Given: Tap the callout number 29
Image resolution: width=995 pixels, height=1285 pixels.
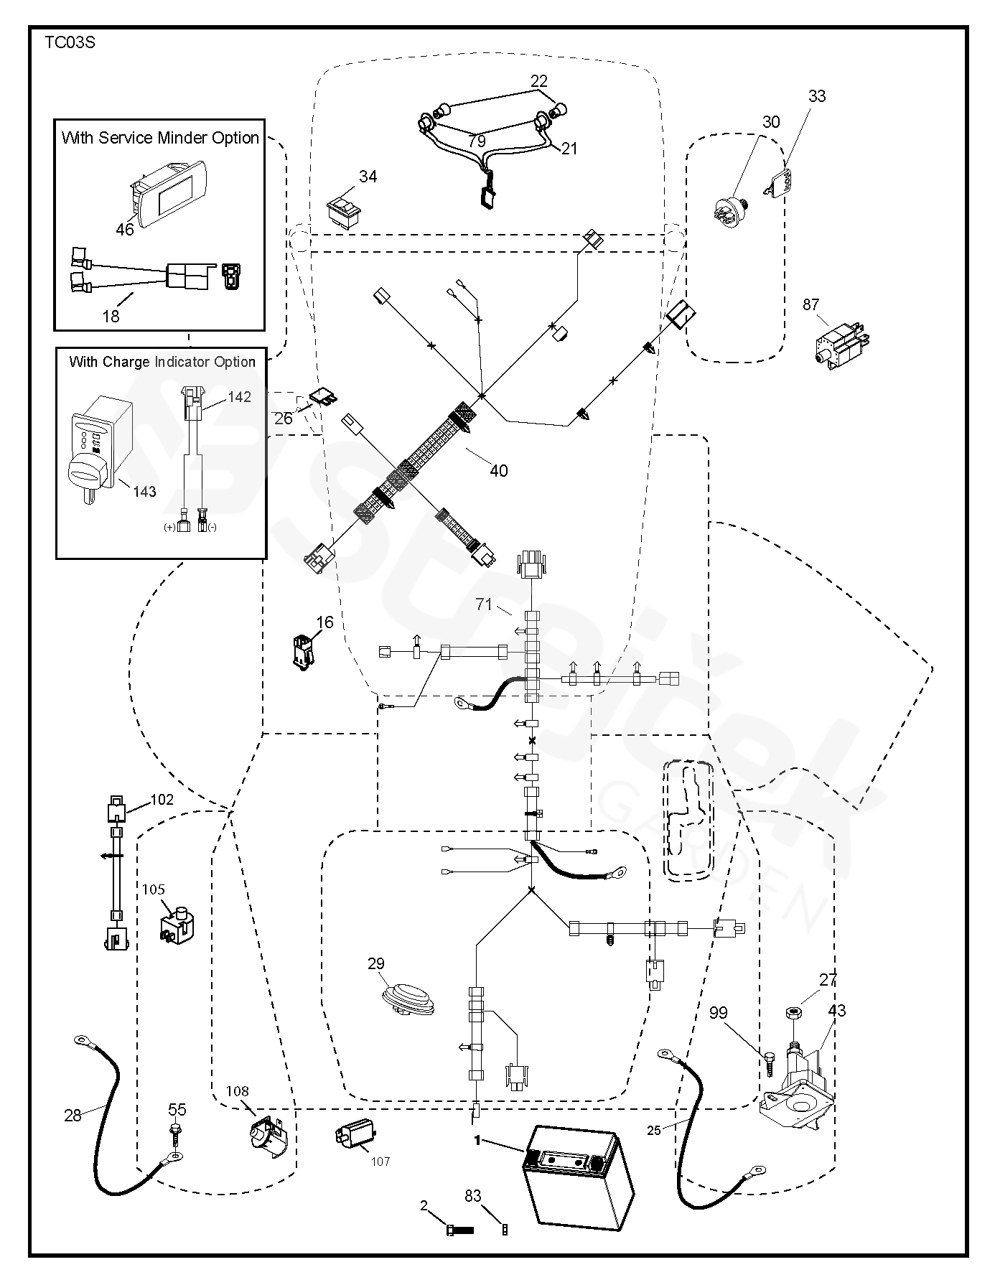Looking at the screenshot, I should tap(376, 964).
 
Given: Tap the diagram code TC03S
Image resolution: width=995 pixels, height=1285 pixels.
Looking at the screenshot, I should tap(70, 42).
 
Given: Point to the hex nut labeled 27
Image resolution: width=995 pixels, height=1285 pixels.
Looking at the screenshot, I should tap(793, 1014).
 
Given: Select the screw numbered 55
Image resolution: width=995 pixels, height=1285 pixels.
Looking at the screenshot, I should tap(174, 1131).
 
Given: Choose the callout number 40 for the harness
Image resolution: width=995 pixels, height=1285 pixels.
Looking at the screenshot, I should tap(498, 471).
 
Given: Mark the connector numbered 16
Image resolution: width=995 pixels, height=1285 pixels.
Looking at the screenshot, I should tap(304, 650).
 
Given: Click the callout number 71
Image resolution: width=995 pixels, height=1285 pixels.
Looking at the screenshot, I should tap(484, 604).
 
